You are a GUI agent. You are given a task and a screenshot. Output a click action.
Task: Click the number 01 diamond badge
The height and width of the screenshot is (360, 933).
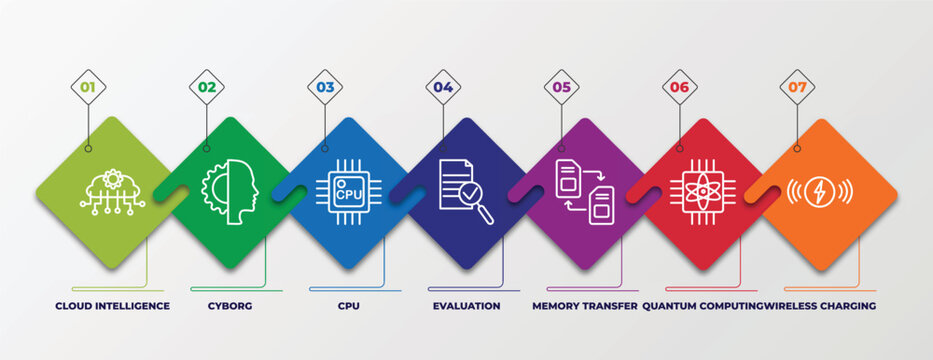88,87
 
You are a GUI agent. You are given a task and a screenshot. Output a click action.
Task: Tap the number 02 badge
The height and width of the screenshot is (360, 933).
207,87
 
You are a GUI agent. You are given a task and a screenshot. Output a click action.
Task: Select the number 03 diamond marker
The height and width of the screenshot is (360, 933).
325,87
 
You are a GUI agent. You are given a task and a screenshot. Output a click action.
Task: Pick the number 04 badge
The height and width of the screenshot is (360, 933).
443,87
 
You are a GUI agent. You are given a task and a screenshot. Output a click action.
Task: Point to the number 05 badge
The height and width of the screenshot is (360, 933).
562,87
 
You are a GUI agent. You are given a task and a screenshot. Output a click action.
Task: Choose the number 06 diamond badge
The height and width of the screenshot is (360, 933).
680,87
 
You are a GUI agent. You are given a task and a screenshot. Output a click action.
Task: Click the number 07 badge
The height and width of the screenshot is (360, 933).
797,87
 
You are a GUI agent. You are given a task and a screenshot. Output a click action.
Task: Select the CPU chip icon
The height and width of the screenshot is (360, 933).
348,190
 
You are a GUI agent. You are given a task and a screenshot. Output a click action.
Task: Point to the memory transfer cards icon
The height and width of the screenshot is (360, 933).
584,192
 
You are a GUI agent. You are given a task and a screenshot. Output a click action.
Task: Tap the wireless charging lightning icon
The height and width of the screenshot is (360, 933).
820,191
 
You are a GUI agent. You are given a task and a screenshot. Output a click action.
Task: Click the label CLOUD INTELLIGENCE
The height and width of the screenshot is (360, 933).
112,306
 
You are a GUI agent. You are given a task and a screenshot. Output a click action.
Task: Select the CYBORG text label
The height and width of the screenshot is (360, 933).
231,306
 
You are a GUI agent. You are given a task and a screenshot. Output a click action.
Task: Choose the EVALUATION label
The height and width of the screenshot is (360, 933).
466,306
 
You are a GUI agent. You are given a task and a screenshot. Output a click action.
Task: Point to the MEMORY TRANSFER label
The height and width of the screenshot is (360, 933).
584,306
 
